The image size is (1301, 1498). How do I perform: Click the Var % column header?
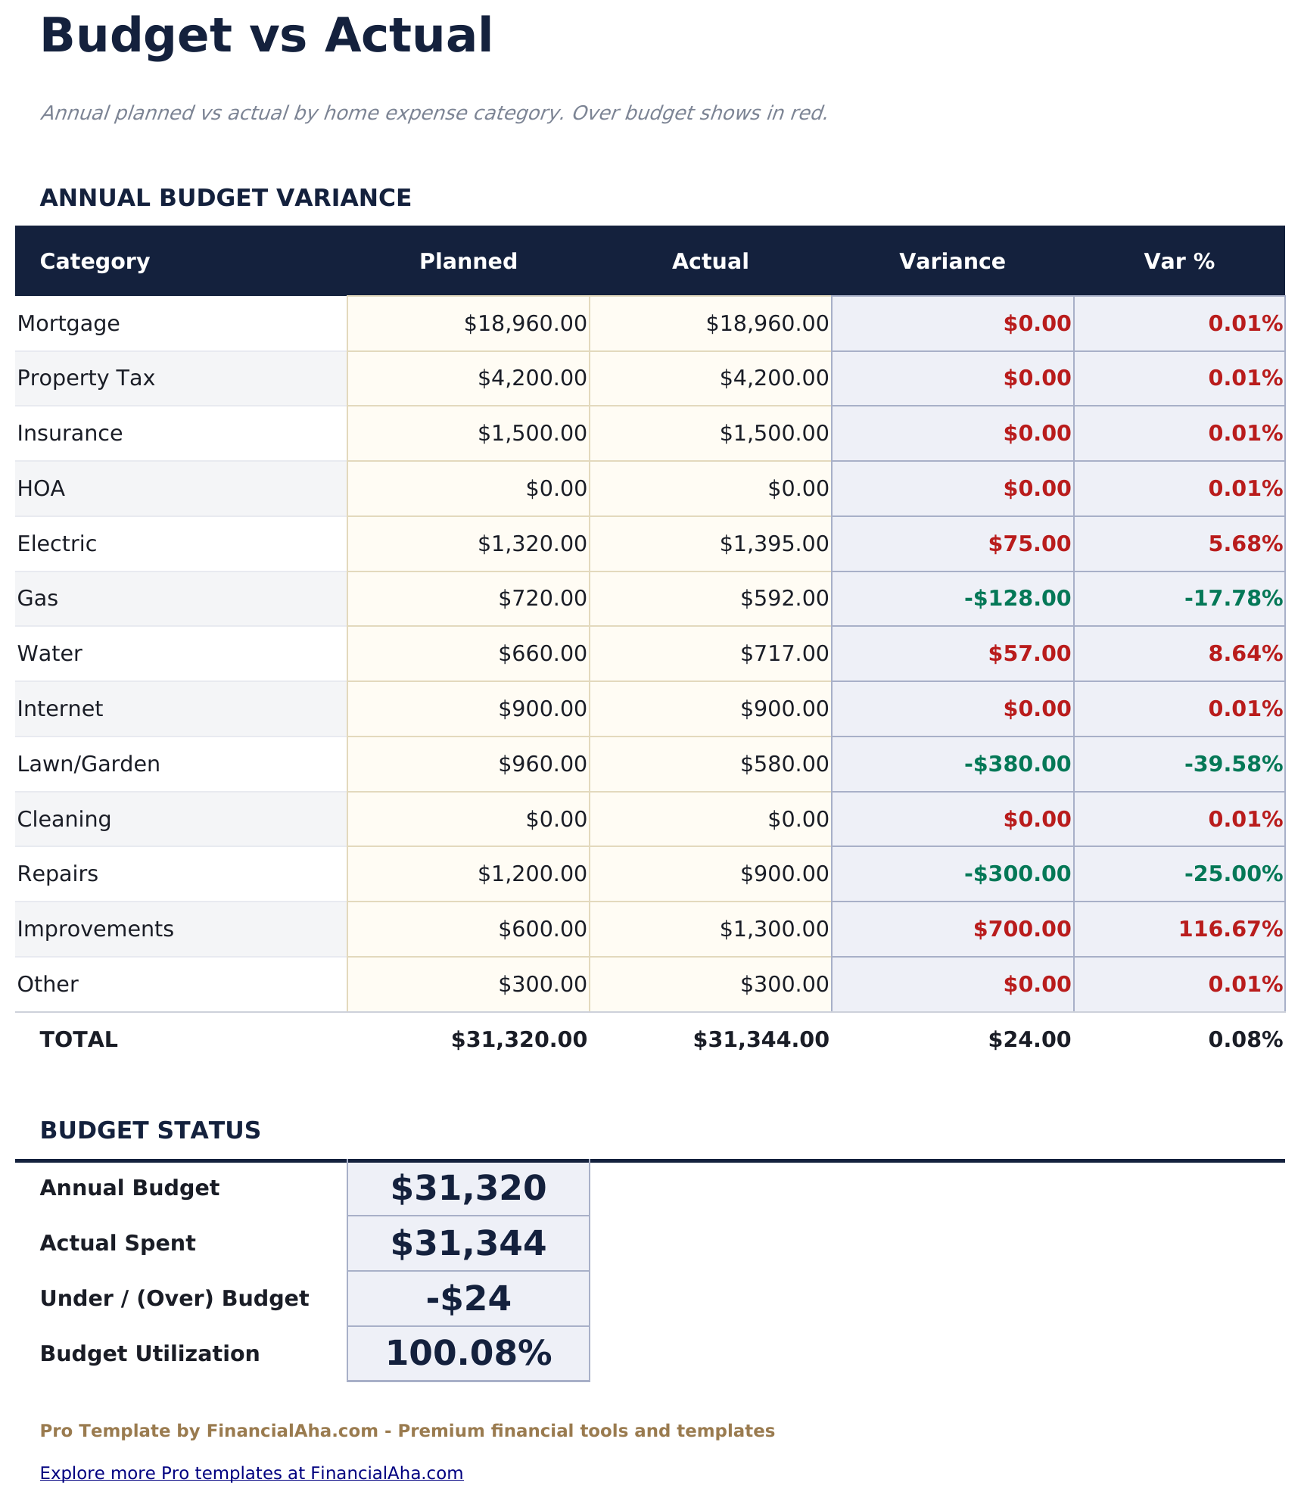[1178, 261]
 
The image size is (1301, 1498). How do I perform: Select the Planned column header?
[468, 261]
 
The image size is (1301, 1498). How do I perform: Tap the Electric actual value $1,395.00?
[773, 543]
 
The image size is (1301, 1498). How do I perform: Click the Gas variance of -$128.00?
[1016, 599]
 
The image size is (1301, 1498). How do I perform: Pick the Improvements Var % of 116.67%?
[1230, 929]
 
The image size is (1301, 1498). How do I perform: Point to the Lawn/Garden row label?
[89, 764]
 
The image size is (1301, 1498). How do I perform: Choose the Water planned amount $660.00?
[542, 653]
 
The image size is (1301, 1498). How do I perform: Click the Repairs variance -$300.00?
[1016, 874]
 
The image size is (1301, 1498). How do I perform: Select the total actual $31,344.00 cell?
[761, 1039]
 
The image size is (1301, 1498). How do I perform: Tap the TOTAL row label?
[79, 1039]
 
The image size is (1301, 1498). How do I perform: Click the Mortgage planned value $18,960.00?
[524, 324]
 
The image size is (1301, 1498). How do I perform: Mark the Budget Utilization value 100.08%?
[468, 1353]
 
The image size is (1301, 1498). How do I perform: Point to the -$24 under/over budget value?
[468, 1298]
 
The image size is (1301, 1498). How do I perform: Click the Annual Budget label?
[129, 1188]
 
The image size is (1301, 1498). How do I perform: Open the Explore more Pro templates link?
[251, 1472]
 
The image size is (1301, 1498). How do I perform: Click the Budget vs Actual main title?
[266, 36]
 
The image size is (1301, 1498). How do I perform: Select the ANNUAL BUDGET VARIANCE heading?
[226, 198]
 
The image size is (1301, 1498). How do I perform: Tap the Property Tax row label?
[86, 378]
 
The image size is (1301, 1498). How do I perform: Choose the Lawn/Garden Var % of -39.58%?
[1233, 764]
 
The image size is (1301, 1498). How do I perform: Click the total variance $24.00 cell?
[1029, 1039]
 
